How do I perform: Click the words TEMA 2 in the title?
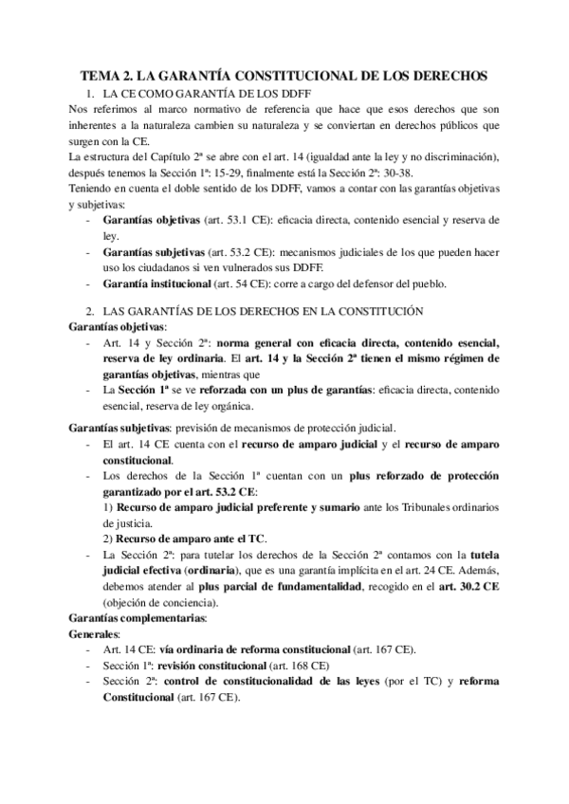click(x=106, y=74)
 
